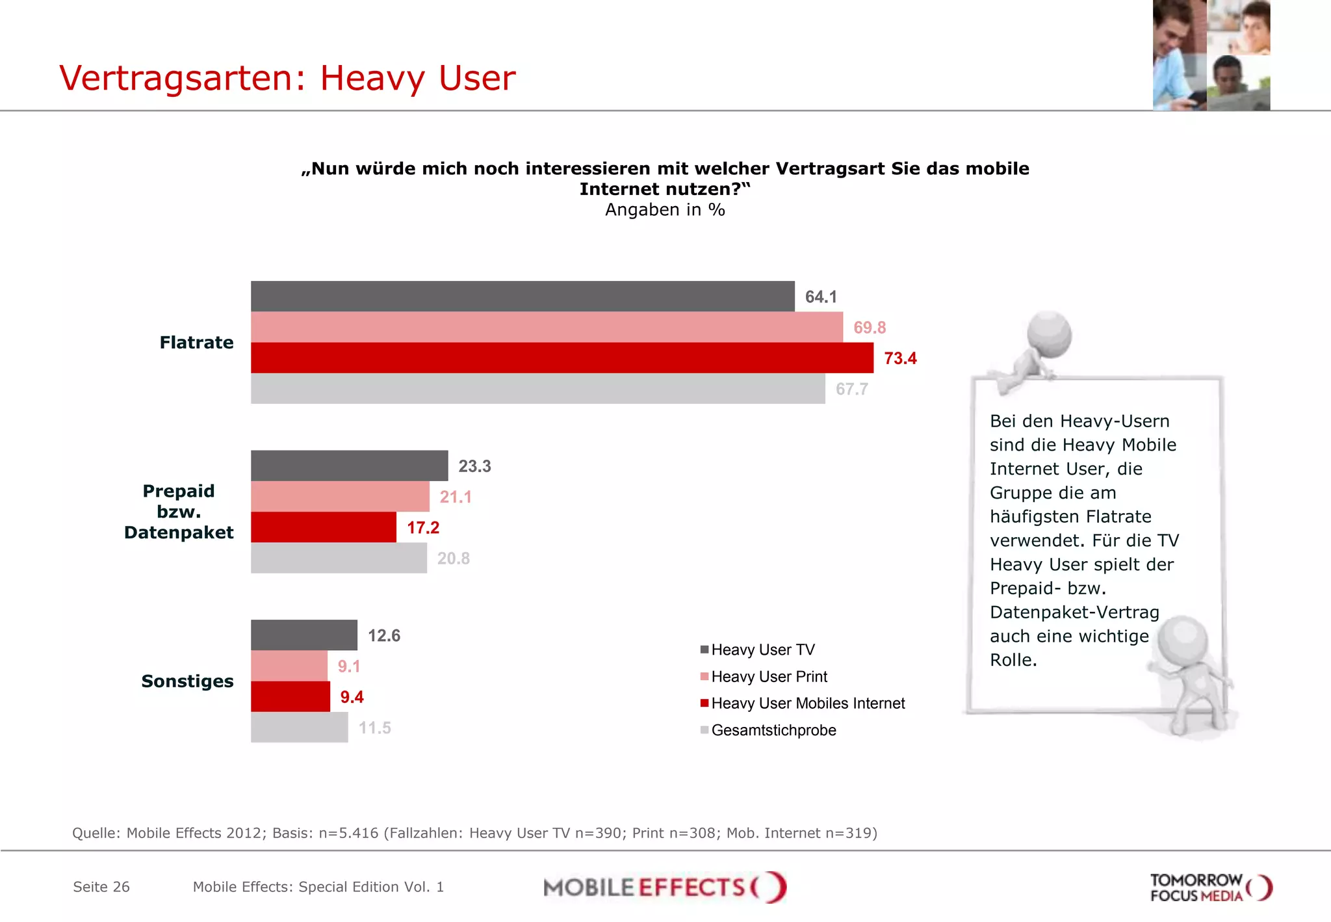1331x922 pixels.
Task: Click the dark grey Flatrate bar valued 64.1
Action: tap(523, 296)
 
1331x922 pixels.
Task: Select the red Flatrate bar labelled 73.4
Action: tap(562, 358)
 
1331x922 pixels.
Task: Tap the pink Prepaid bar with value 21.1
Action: tap(340, 497)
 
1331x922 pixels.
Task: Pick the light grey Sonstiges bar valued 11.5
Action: tap(299, 727)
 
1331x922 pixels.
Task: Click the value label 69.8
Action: tap(869, 328)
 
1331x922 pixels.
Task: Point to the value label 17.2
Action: tap(423, 527)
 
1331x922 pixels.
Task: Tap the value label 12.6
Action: tap(383, 635)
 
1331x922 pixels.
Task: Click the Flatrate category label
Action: tap(196, 343)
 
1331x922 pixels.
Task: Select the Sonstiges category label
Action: tap(187, 681)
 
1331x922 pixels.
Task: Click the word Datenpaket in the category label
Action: tap(179, 533)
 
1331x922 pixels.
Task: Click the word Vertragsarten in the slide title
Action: tap(176, 78)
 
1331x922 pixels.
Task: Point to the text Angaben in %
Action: tap(665, 210)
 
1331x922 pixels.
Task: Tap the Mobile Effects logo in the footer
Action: tap(664, 887)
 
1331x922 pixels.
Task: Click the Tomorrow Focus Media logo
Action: tap(1210, 888)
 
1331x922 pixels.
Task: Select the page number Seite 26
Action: tap(101, 887)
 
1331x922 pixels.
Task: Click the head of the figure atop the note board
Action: tap(1049, 334)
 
